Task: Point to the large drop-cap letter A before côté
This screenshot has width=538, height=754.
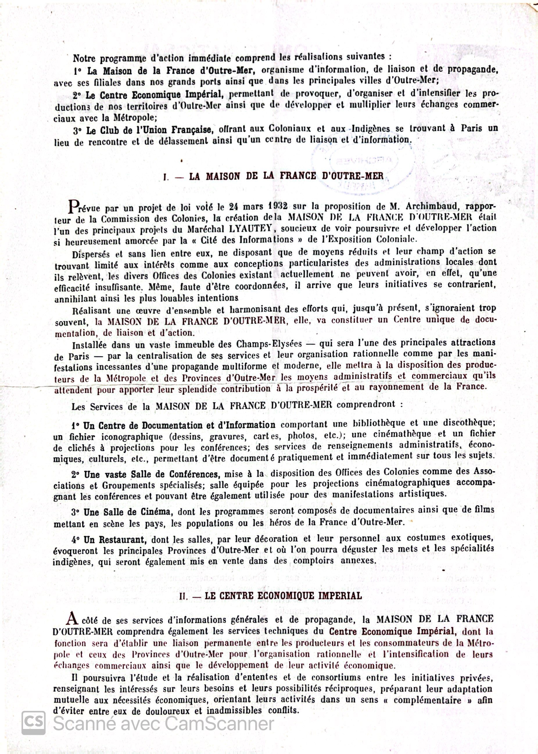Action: pyautogui.click(x=73, y=618)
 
